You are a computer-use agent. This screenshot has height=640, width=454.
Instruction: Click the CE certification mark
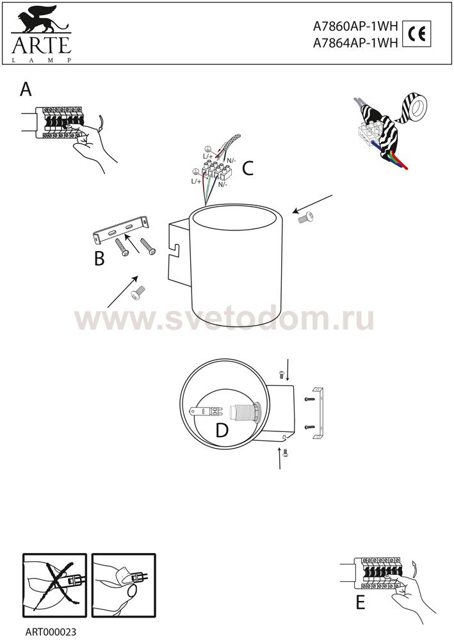pyautogui.click(x=416, y=34)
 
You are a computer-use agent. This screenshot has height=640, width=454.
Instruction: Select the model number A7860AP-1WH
pyautogui.click(x=355, y=26)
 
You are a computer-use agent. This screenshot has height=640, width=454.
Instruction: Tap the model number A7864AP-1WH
pyautogui.click(x=355, y=43)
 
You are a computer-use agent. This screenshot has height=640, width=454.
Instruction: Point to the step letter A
pyautogui.click(x=26, y=89)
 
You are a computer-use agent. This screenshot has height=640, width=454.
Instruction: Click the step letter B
pyautogui.click(x=99, y=258)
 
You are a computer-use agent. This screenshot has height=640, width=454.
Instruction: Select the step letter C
pyautogui.click(x=247, y=168)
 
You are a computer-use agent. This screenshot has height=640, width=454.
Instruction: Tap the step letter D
pyautogui.click(x=222, y=430)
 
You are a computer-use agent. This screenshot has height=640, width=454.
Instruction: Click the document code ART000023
pyautogui.click(x=51, y=632)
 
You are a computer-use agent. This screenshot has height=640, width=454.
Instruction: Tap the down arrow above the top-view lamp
pyautogui.click(x=288, y=370)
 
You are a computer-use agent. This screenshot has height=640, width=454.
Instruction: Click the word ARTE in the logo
pyautogui.click(x=42, y=45)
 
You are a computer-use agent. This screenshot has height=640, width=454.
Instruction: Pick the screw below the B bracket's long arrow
pyautogui.click(x=139, y=292)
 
